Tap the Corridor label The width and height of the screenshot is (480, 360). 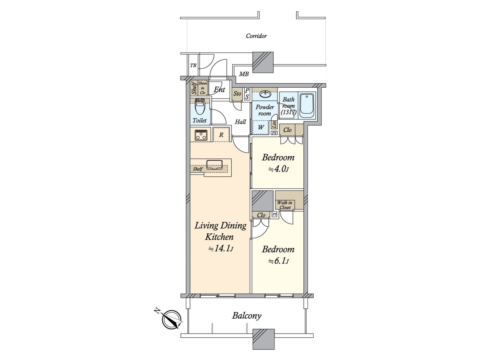(x=256, y=36)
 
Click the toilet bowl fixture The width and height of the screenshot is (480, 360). (x=199, y=108)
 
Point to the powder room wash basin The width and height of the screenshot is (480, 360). (x=265, y=95)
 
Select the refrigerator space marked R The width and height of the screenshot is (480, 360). (x=221, y=135)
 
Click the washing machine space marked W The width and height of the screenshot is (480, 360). (x=261, y=127)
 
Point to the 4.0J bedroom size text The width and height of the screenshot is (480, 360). (x=278, y=169)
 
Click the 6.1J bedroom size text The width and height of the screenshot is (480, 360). (x=278, y=261)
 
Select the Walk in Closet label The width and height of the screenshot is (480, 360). (x=285, y=205)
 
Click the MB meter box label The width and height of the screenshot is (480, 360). (x=244, y=74)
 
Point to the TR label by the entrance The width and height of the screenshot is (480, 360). (x=193, y=65)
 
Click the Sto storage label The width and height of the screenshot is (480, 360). (x=237, y=94)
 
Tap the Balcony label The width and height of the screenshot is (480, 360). (x=247, y=316)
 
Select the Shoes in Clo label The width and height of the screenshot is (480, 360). (x=203, y=88)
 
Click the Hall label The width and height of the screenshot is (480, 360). (x=240, y=122)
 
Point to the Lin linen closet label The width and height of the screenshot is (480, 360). (x=274, y=124)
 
